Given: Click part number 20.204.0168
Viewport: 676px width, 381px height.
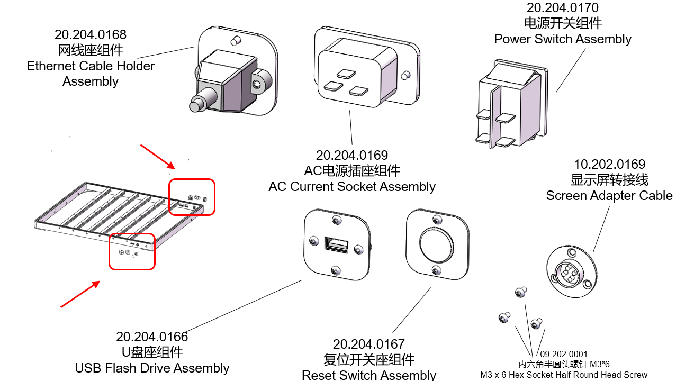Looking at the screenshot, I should tap(91, 35).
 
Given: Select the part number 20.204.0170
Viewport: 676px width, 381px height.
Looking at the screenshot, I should tap(562, 8).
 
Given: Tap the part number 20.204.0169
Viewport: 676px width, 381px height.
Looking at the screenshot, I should tap(352, 156).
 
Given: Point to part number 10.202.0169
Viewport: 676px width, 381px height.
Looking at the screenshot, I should tap(609, 165).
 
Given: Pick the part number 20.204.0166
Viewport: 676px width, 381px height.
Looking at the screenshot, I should tap(152, 337).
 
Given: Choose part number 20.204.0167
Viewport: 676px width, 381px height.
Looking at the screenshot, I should tap(368, 344).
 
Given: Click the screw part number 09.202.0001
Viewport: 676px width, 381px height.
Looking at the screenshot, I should tap(564, 354).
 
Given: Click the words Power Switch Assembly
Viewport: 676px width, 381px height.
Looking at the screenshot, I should tap(563, 39).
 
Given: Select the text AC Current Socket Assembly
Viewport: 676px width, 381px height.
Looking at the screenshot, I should tap(352, 187).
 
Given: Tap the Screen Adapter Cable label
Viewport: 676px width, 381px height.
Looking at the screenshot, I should tap(609, 196).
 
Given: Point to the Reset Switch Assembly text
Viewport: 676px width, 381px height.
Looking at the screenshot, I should tap(368, 375).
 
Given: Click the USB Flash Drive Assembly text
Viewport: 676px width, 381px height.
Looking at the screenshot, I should tap(152, 368).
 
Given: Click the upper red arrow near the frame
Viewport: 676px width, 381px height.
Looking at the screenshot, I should tap(157, 155).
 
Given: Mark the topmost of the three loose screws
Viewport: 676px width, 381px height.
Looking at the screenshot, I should tap(520, 292).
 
